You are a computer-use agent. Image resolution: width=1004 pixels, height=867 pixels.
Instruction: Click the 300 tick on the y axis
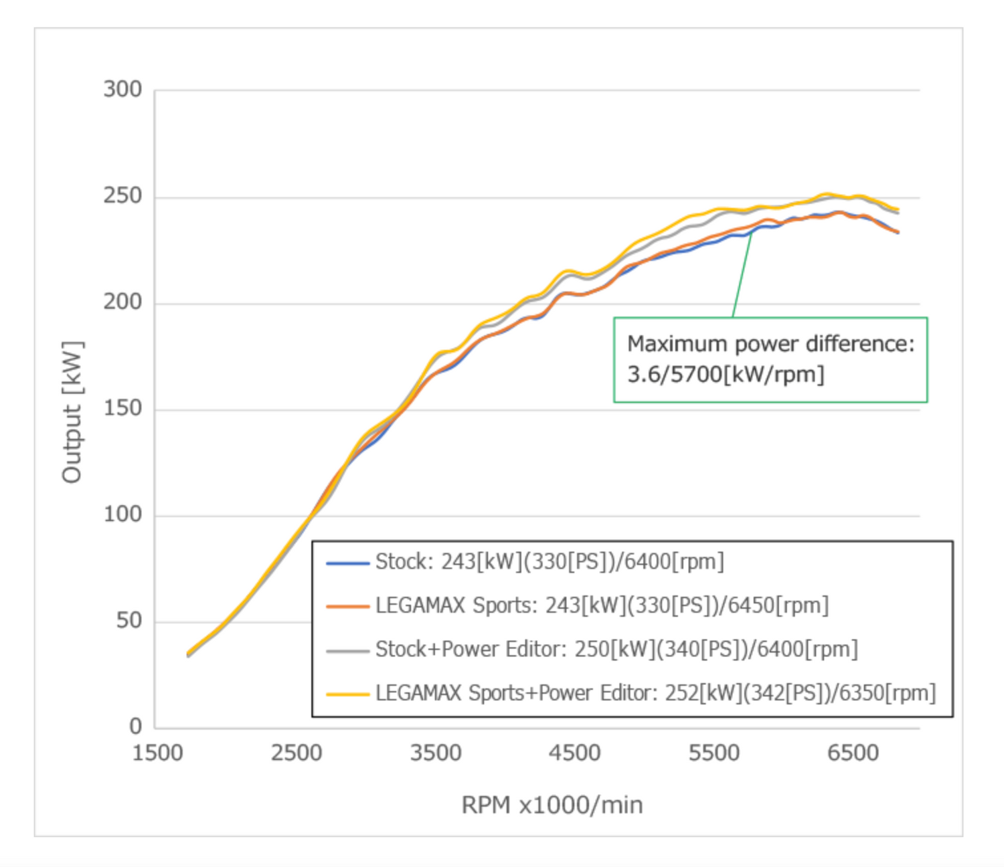(x=122, y=89)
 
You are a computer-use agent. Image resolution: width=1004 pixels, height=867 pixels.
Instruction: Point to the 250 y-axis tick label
(x=122, y=195)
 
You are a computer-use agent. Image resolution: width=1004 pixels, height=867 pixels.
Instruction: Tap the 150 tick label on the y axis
(x=122, y=408)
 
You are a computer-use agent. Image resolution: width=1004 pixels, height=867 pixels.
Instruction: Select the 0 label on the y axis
(x=136, y=726)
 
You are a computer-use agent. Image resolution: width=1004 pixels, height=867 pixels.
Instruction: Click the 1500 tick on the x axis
(x=158, y=753)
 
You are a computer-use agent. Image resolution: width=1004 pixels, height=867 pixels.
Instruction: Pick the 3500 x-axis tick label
(x=436, y=753)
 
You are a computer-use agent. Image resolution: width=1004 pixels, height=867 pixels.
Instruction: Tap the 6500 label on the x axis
(x=853, y=753)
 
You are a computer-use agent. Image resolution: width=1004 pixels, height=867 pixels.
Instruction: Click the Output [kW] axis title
(x=72, y=411)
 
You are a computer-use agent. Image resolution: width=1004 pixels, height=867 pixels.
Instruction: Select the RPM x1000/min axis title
(x=552, y=805)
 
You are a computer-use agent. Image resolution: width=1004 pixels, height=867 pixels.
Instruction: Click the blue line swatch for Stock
(x=347, y=563)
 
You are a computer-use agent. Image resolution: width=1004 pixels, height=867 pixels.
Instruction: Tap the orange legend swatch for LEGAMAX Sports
(x=347, y=607)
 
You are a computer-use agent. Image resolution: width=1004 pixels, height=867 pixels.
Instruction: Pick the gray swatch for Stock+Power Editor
(x=347, y=650)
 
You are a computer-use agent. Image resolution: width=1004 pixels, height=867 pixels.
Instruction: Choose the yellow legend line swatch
(x=347, y=694)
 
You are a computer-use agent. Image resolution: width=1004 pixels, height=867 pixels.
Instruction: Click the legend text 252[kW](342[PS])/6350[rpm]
(x=800, y=693)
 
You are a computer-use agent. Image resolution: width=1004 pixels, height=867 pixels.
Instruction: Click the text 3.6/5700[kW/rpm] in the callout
(x=725, y=375)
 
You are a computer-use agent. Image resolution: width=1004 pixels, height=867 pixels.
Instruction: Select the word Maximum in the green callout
(x=677, y=344)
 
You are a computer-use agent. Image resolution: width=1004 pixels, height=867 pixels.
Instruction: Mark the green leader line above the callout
(x=742, y=274)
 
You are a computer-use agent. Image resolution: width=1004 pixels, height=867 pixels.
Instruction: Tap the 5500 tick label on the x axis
(x=714, y=753)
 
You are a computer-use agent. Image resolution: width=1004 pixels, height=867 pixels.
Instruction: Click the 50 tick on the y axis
(x=129, y=620)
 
